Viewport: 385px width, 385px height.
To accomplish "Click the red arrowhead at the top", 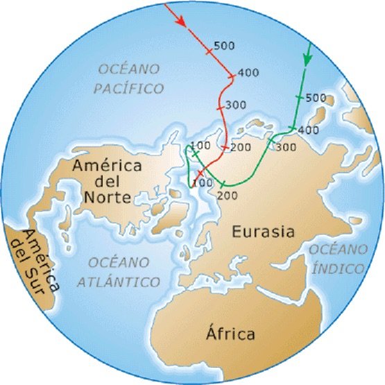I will (x=181, y=22).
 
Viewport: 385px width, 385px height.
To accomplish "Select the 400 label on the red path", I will (x=248, y=72).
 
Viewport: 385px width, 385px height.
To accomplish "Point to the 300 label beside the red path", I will (x=237, y=105).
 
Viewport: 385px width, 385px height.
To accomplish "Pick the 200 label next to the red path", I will (x=241, y=147).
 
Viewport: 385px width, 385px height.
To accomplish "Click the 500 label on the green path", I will (x=316, y=97).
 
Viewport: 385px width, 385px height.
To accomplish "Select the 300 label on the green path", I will (x=286, y=147).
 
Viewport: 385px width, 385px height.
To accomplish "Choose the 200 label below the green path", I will (x=228, y=196).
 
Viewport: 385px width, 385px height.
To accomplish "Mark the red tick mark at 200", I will (x=225, y=148).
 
